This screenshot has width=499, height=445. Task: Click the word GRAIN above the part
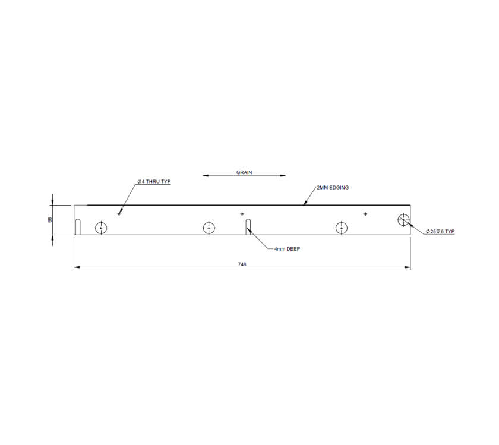(x=244, y=172)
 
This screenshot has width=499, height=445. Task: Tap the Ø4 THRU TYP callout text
(x=153, y=181)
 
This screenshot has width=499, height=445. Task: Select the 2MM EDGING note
(x=333, y=187)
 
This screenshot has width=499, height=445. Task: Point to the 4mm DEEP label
(x=287, y=250)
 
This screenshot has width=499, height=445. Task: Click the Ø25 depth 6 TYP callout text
(x=440, y=231)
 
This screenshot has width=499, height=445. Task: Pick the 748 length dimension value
(x=242, y=264)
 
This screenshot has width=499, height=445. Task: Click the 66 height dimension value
(x=50, y=220)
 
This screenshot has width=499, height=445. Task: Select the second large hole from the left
(x=209, y=228)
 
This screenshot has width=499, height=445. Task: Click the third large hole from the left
(x=341, y=228)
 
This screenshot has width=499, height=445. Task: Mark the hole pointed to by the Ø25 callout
(x=403, y=220)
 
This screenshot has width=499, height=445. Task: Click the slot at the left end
(x=78, y=227)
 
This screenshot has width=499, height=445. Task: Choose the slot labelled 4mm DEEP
(x=249, y=227)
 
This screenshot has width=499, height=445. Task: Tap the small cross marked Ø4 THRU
(x=119, y=213)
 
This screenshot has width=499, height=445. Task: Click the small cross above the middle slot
(x=242, y=214)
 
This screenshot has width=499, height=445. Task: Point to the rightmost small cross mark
(x=365, y=214)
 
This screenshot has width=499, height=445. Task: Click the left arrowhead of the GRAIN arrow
(x=205, y=175)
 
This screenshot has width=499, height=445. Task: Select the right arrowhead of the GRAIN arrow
(x=283, y=175)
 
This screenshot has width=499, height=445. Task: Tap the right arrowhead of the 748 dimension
(x=408, y=269)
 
